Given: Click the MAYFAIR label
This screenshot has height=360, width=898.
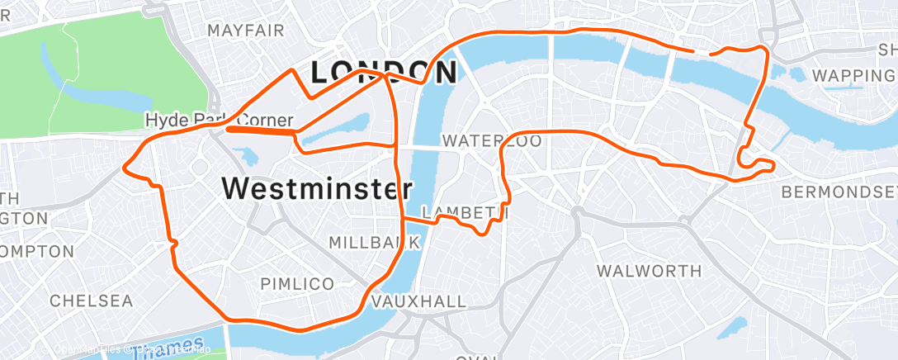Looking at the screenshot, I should [x=246, y=31].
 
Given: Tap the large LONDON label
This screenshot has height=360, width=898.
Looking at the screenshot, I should [x=383, y=73].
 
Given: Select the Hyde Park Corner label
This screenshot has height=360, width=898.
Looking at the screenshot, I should [x=219, y=120].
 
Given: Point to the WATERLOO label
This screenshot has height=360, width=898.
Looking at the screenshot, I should [x=492, y=141].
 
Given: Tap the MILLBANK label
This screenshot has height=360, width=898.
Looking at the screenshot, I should [x=375, y=243].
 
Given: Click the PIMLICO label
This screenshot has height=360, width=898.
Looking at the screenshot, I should [x=297, y=284].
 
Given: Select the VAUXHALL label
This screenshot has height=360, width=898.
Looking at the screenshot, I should [x=418, y=302].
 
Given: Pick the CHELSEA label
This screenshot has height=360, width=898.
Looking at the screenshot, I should [x=91, y=301].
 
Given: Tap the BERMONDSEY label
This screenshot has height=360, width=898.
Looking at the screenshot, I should [x=839, y=192].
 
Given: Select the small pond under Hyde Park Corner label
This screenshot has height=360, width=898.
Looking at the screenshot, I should [x=245, y=155].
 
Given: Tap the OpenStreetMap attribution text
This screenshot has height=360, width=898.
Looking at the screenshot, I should [x=173, y=351].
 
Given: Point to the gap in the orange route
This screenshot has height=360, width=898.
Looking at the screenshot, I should [x=702, y=53].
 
